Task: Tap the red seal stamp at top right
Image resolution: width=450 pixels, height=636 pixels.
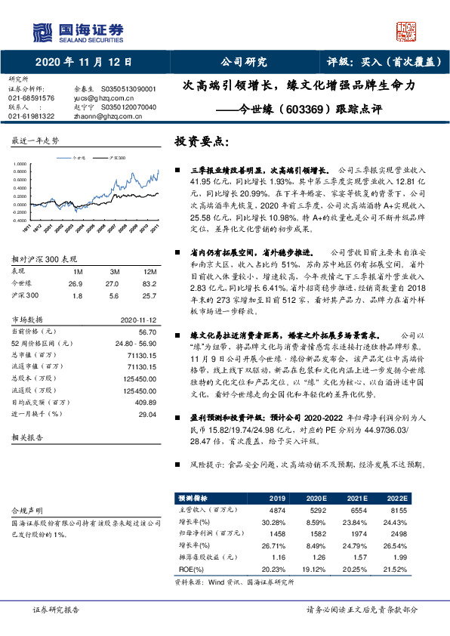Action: click(407, 30)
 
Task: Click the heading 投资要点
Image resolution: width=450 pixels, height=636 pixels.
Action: click(200, 141)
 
